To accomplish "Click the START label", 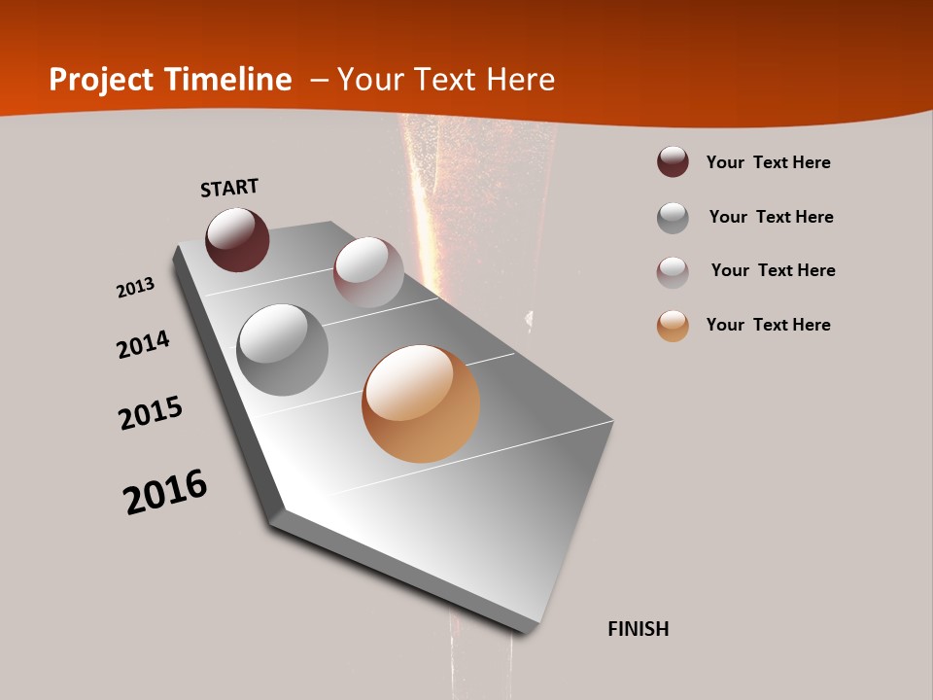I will (229, 188).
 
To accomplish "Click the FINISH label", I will (638, 629).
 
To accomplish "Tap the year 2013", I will (135, 288).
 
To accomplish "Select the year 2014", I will (143, 344).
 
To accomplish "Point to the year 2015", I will (151, 413).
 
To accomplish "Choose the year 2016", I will (165, 492).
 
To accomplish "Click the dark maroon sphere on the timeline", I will (237, 239).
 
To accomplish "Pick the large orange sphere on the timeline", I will (421, 403).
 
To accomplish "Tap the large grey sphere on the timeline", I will (283, 350).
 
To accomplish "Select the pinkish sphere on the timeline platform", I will (368, 272).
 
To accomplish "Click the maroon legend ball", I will (673, 162).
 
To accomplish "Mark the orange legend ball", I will (673, 326).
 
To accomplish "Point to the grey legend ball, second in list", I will (673, 218).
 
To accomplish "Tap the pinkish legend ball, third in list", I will (673, 272).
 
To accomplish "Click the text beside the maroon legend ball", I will (768, 162).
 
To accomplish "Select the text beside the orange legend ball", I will (768, 325).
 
